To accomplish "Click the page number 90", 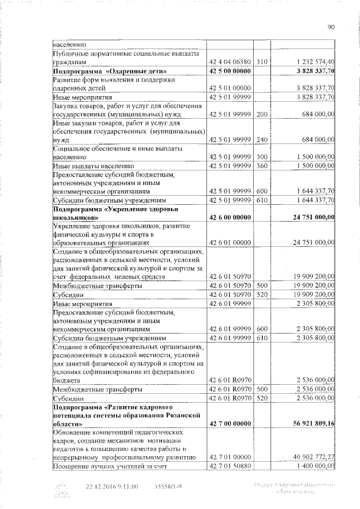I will point(331,26).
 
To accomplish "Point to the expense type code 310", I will point(261,62).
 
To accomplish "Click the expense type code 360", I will point(261,166).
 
